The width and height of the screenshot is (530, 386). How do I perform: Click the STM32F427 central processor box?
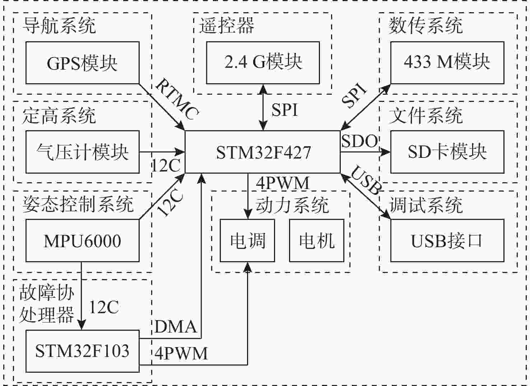[x=262, y=152]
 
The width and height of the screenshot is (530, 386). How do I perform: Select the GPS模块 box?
[x=82, y=63]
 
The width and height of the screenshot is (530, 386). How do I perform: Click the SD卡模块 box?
[x=447, y=152]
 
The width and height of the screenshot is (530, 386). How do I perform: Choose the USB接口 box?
[x=447, y=241]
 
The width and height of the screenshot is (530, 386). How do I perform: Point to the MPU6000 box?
[x=82, y=241]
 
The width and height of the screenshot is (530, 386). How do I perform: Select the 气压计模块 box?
[x=82, y=152]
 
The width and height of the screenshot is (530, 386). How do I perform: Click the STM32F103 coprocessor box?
[x=82, y=351]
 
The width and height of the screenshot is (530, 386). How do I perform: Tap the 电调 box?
[x=247, y=241]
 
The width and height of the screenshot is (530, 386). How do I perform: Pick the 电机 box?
[x=316, y=241]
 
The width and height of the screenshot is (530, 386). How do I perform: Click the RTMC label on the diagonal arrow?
[x=177, y=99]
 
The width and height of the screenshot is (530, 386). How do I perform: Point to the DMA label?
[x=176, y=327]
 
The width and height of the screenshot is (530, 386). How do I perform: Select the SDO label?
[x=359, y=141]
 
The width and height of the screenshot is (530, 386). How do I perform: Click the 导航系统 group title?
[x=59, y=26]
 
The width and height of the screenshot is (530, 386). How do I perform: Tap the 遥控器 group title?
[x=227, y=26]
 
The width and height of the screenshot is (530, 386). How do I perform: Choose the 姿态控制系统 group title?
[x=78, y=204]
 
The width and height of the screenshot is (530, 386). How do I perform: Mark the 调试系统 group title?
[x=426, y=205]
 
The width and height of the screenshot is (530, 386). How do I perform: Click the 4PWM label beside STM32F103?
[x=181, y=353]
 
